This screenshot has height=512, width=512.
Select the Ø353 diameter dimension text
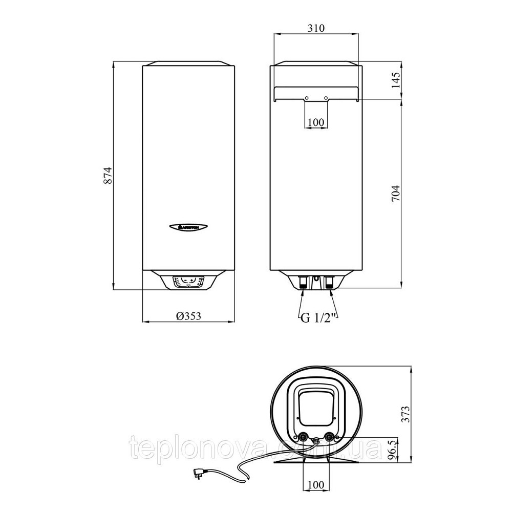tap(187, 316)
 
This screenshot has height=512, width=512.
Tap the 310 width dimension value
tap(316, 28)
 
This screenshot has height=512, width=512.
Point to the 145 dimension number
tap(395, 80)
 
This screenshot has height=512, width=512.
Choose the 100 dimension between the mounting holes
tap(316, 122)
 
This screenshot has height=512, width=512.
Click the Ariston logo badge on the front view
tap(187, 226)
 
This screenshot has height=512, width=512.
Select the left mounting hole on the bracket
tap(306, 98)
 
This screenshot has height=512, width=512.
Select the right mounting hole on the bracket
tap(327, 98)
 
